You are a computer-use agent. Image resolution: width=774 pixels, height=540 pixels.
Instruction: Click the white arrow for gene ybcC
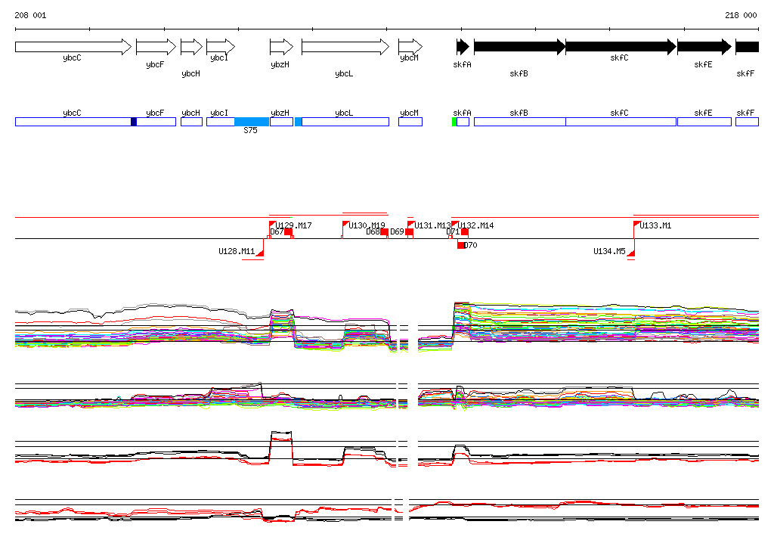pyautogui.click(x=73, y=47)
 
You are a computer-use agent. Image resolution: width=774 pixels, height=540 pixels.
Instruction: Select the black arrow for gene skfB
pyautogui.click(x=519, y=47)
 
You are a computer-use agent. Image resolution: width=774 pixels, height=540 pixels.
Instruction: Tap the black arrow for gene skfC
pyautogui.click(x=620, y=47)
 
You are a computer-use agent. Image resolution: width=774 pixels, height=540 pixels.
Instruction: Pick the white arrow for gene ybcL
pyautogui.click(x=345, y=47)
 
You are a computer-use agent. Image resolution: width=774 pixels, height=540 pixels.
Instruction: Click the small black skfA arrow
pyautogui.click(x=463, y=47)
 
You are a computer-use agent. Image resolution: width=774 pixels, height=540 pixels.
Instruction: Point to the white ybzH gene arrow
pyautogui.click(x=280, y=47)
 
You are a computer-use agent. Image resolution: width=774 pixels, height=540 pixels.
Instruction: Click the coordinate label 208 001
pyautogui.click(x=30, y=15)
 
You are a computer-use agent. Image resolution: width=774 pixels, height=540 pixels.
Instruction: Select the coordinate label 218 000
pyautogui.click(x=740, y=15)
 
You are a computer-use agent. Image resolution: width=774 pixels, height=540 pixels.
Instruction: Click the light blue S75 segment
pyautogui.click(x=251, y=122)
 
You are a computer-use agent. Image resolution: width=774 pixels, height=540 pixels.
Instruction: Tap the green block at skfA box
pyautogui.click(x=454, y=122)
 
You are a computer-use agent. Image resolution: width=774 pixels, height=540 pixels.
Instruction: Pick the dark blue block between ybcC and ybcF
pyautogui.click(x=134, y=122)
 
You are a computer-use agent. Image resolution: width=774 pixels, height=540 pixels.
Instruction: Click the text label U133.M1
pyautogui.click(x=655, y=225)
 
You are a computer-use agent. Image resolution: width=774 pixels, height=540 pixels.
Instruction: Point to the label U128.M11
pyautogui.click(x=237, y=251)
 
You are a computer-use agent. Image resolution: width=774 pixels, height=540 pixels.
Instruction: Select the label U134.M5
pyautogui.click(x=609, y=251)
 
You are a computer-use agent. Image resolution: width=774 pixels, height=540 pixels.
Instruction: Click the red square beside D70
pyautogui.click(x=461, y=245)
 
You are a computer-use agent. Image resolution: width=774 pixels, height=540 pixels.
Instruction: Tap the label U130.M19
pyautogui.click(x=367, y=225)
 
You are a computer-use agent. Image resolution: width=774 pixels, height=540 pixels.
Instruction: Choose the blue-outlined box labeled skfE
pyautogui.click(x=704, y=122)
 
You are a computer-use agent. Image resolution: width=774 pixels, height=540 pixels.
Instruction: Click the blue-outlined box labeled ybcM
pyautogui.click(x=410, y=122)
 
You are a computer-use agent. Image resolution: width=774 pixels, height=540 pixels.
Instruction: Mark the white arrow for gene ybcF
pyautogui.click(x=155, y=47)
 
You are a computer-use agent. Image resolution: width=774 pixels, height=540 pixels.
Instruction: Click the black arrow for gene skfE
pyautogui.click(x=704, y=47)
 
